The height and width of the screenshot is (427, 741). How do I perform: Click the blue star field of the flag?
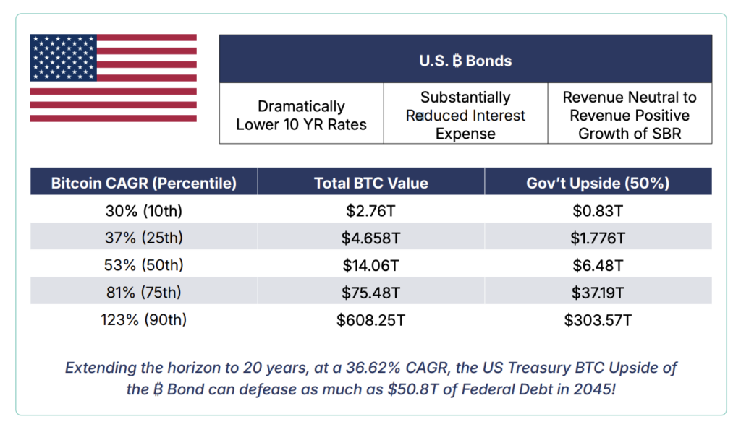tap(64, 58)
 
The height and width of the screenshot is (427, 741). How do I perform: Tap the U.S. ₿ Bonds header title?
tap(465, 61)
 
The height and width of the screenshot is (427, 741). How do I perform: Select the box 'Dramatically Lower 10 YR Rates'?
tap(302, 113)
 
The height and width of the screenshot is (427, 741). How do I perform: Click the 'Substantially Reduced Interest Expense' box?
tap(465, 113)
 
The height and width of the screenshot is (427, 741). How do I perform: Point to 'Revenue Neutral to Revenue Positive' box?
tap(630, 113)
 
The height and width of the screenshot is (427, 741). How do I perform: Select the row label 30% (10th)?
tap(144, 210)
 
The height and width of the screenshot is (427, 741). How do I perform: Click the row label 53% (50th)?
tap(144, 264)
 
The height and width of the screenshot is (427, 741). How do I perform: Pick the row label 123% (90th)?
tap(144, 319)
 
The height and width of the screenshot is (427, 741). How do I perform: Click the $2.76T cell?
tap(370, 210)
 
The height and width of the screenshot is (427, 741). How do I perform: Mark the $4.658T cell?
tap(370, 238)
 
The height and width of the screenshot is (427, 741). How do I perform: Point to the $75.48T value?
tap(370, 293)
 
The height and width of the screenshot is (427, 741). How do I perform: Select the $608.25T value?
tap(370, 320)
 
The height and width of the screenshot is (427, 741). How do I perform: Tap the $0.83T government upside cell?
tap(598, 210)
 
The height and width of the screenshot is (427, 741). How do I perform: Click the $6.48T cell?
tap(598, 265)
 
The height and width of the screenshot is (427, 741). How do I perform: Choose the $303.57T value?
tap(598, 320)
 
